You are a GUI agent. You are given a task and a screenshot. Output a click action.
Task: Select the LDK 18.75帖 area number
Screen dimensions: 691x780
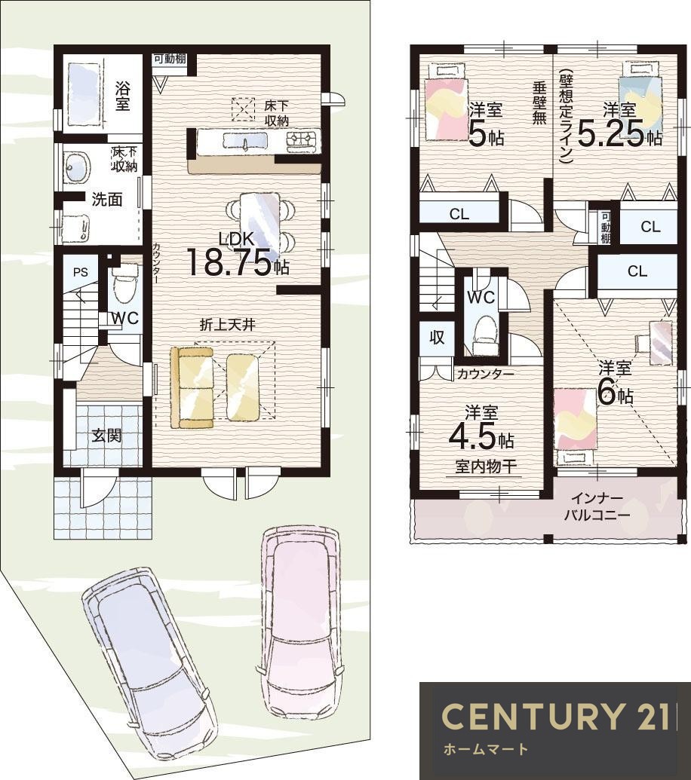click(238, 262)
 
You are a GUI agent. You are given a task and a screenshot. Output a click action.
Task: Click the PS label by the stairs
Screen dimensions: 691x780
click(80, 272)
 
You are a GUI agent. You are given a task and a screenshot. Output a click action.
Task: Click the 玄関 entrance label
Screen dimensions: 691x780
click(107, 436)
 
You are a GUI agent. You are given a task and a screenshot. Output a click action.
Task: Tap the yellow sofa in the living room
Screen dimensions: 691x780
click(192, 387)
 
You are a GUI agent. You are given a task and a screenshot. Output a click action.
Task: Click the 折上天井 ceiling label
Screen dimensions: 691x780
click(228, 325)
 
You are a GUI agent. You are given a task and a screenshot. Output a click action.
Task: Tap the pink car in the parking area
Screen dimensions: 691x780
click(299, 622)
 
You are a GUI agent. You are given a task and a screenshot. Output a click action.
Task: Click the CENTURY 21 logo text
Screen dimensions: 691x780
click(556, 717)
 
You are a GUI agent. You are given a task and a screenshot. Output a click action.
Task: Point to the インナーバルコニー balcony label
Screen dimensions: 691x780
click(597, 506)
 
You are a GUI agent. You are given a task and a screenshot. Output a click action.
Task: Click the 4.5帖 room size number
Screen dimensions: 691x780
click(481, 437)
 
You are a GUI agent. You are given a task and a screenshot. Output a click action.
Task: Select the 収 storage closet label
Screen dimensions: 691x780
click(437, 338)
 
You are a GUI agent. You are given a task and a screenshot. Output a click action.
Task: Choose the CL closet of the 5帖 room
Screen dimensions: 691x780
click(459, 214)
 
